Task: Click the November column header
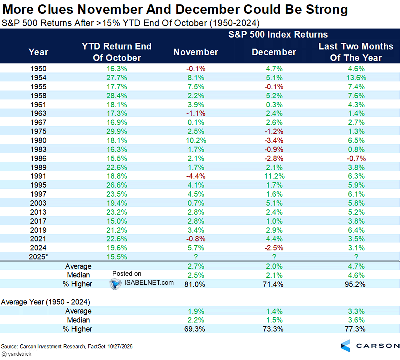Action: [x=196, y=52]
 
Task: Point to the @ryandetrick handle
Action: [x=17, y=353]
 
